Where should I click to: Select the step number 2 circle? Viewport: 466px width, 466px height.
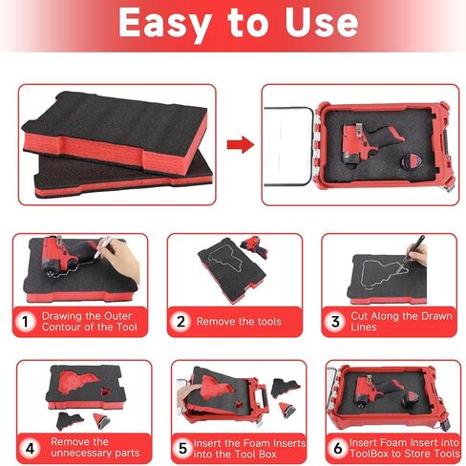click(181, 322)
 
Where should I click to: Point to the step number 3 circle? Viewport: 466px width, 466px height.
click(335, 322)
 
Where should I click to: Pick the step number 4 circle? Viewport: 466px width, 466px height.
click(31, 445)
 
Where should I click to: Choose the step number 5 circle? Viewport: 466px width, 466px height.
click(183, 445)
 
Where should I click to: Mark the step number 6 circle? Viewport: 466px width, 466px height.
click(336, 445)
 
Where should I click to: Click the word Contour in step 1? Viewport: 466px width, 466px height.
click(69, 328)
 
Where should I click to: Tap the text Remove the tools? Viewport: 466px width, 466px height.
click(239, 322)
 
